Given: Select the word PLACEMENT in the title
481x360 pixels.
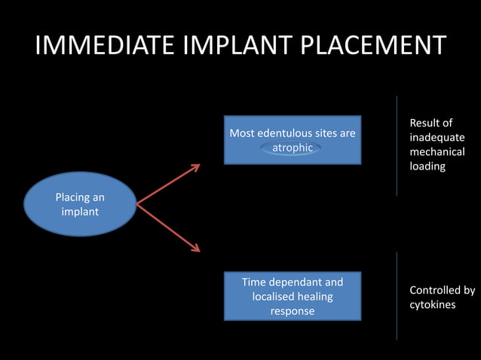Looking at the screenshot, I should pos(374,46).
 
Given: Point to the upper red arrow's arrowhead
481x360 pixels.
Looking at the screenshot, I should pos(196,166).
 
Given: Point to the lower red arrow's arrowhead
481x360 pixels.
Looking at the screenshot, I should pos(196,249).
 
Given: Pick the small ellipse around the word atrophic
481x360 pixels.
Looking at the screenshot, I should pos(292,148).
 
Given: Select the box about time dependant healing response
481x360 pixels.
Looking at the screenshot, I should pos(293,296).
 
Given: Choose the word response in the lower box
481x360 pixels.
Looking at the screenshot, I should pos(293,311).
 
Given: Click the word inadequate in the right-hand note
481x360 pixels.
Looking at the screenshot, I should pos(437,138).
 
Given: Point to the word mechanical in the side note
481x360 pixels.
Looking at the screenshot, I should pos(437,152).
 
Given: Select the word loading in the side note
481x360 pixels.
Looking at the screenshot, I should pos(427,166).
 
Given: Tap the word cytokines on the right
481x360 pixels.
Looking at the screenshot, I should pos(432,304).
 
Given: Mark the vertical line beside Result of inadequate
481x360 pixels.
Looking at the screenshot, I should pos(397,145).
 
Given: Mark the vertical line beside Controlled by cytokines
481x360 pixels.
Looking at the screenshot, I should pos(397,296).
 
